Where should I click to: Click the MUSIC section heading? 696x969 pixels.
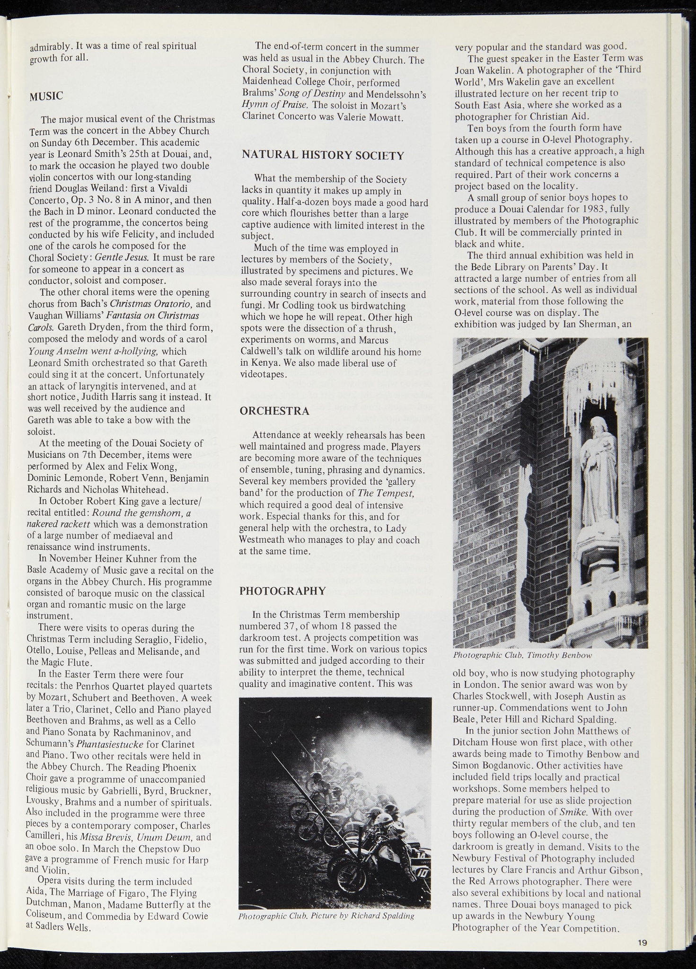coord(46,97)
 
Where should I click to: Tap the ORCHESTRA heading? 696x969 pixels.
coord(274,411)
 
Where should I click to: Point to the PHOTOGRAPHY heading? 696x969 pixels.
coord(282,591)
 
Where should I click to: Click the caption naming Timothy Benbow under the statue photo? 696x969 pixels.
coord(522,655)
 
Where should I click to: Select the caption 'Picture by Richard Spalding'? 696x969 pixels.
coord(326,916)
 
